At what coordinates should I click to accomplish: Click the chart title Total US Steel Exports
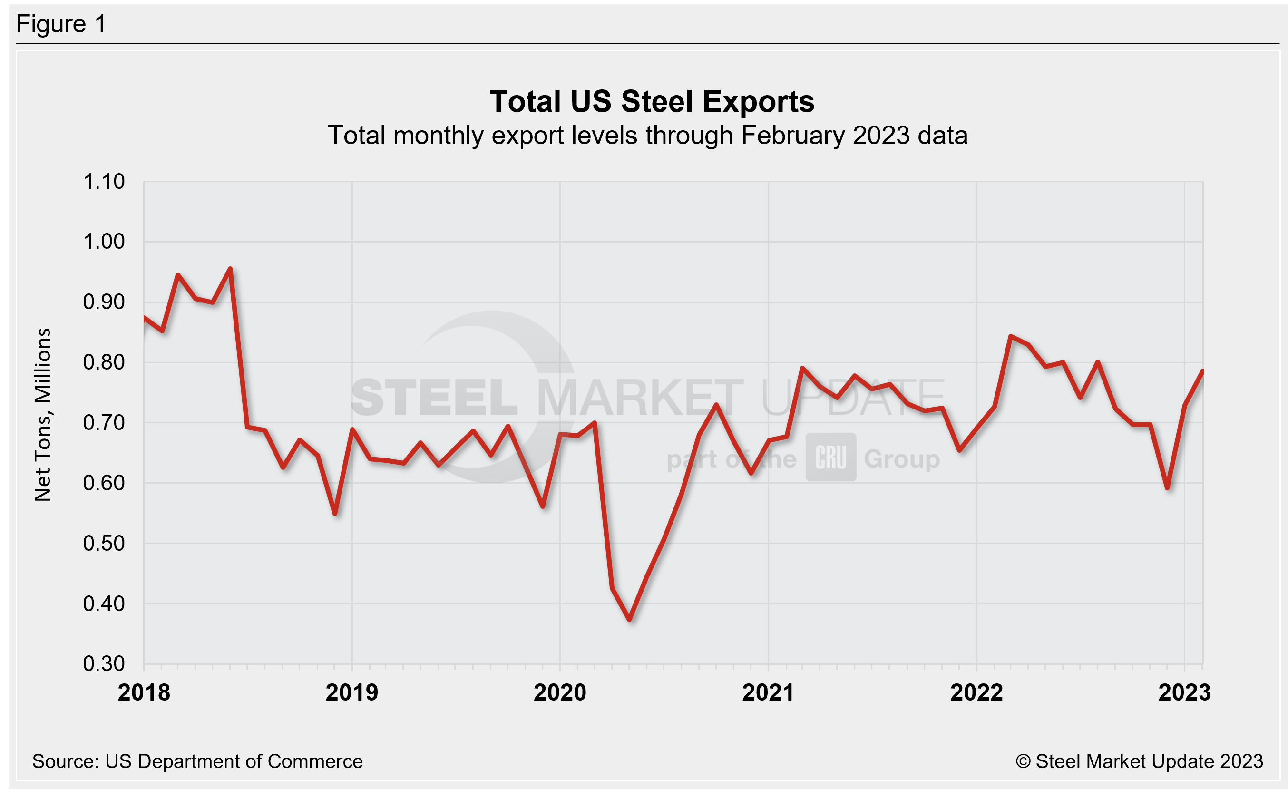pos(651,101)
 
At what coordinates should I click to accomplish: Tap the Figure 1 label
pos(61,24)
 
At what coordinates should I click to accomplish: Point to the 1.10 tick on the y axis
pos(104,182)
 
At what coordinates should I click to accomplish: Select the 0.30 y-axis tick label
pos(104,663)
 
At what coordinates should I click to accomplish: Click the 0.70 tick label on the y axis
pos(104,422)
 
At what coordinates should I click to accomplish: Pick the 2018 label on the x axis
pos(144,692)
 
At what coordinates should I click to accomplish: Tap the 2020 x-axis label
pos(560,692)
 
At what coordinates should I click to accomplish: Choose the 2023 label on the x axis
pos(1184,692)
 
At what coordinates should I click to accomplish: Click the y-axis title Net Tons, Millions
pos(43,415)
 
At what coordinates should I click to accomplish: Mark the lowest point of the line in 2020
pos(630,620)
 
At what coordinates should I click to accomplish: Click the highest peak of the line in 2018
pos(230,269)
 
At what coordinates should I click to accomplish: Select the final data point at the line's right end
pos(1202,371)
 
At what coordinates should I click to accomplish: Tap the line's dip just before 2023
pos(1167,487)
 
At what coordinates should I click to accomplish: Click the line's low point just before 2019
pos(334,514)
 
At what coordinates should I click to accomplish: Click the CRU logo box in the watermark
pos(830,457)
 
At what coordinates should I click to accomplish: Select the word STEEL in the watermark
pos(434,398)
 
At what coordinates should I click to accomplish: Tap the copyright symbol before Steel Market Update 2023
pos(1023,761)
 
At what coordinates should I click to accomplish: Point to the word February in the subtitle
pos(792,136)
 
